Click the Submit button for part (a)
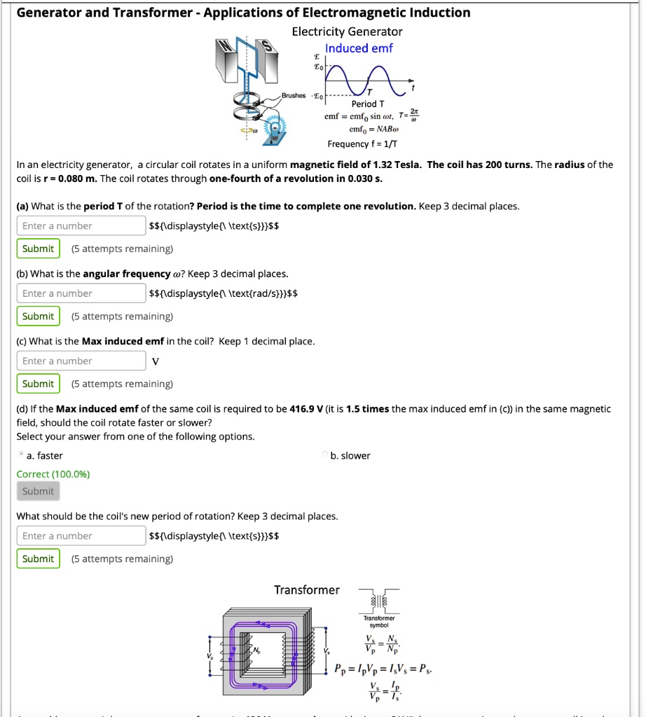tap(38, 249)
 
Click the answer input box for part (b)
tap(81, 293)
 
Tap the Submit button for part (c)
tap(38, 384)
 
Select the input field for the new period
tap(81, 536)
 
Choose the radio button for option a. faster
tap(20, 455)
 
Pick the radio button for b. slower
tap(327, 455)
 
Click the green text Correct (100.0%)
tap(53, 474)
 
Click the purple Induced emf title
tap(359, 48)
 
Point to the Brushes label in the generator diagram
tap(294, 96)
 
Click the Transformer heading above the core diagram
tap(307, 590)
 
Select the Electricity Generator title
tap(347, 32)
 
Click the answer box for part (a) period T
tap(81, 225)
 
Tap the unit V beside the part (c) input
tap(156, 361)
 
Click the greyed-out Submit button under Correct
tap(38, 492)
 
